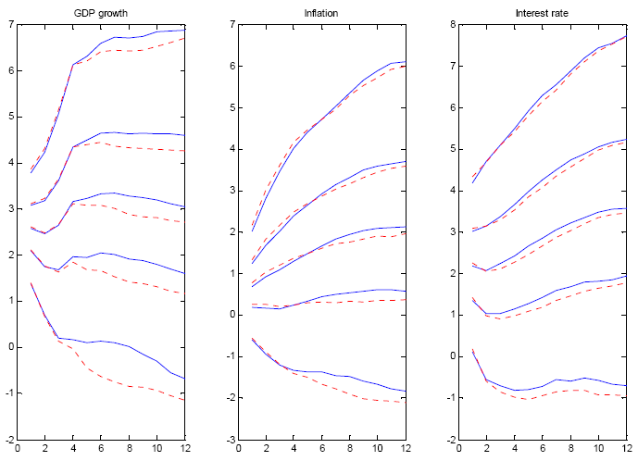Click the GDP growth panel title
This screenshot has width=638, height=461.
(100, 12)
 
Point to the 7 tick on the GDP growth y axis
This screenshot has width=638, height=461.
(10, 24)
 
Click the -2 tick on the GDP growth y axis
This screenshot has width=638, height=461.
(7, 439)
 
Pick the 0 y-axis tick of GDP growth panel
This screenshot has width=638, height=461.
(10, 347)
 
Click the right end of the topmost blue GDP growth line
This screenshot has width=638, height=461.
(185, 31)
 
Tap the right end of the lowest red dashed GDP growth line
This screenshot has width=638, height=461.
(185, 400)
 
